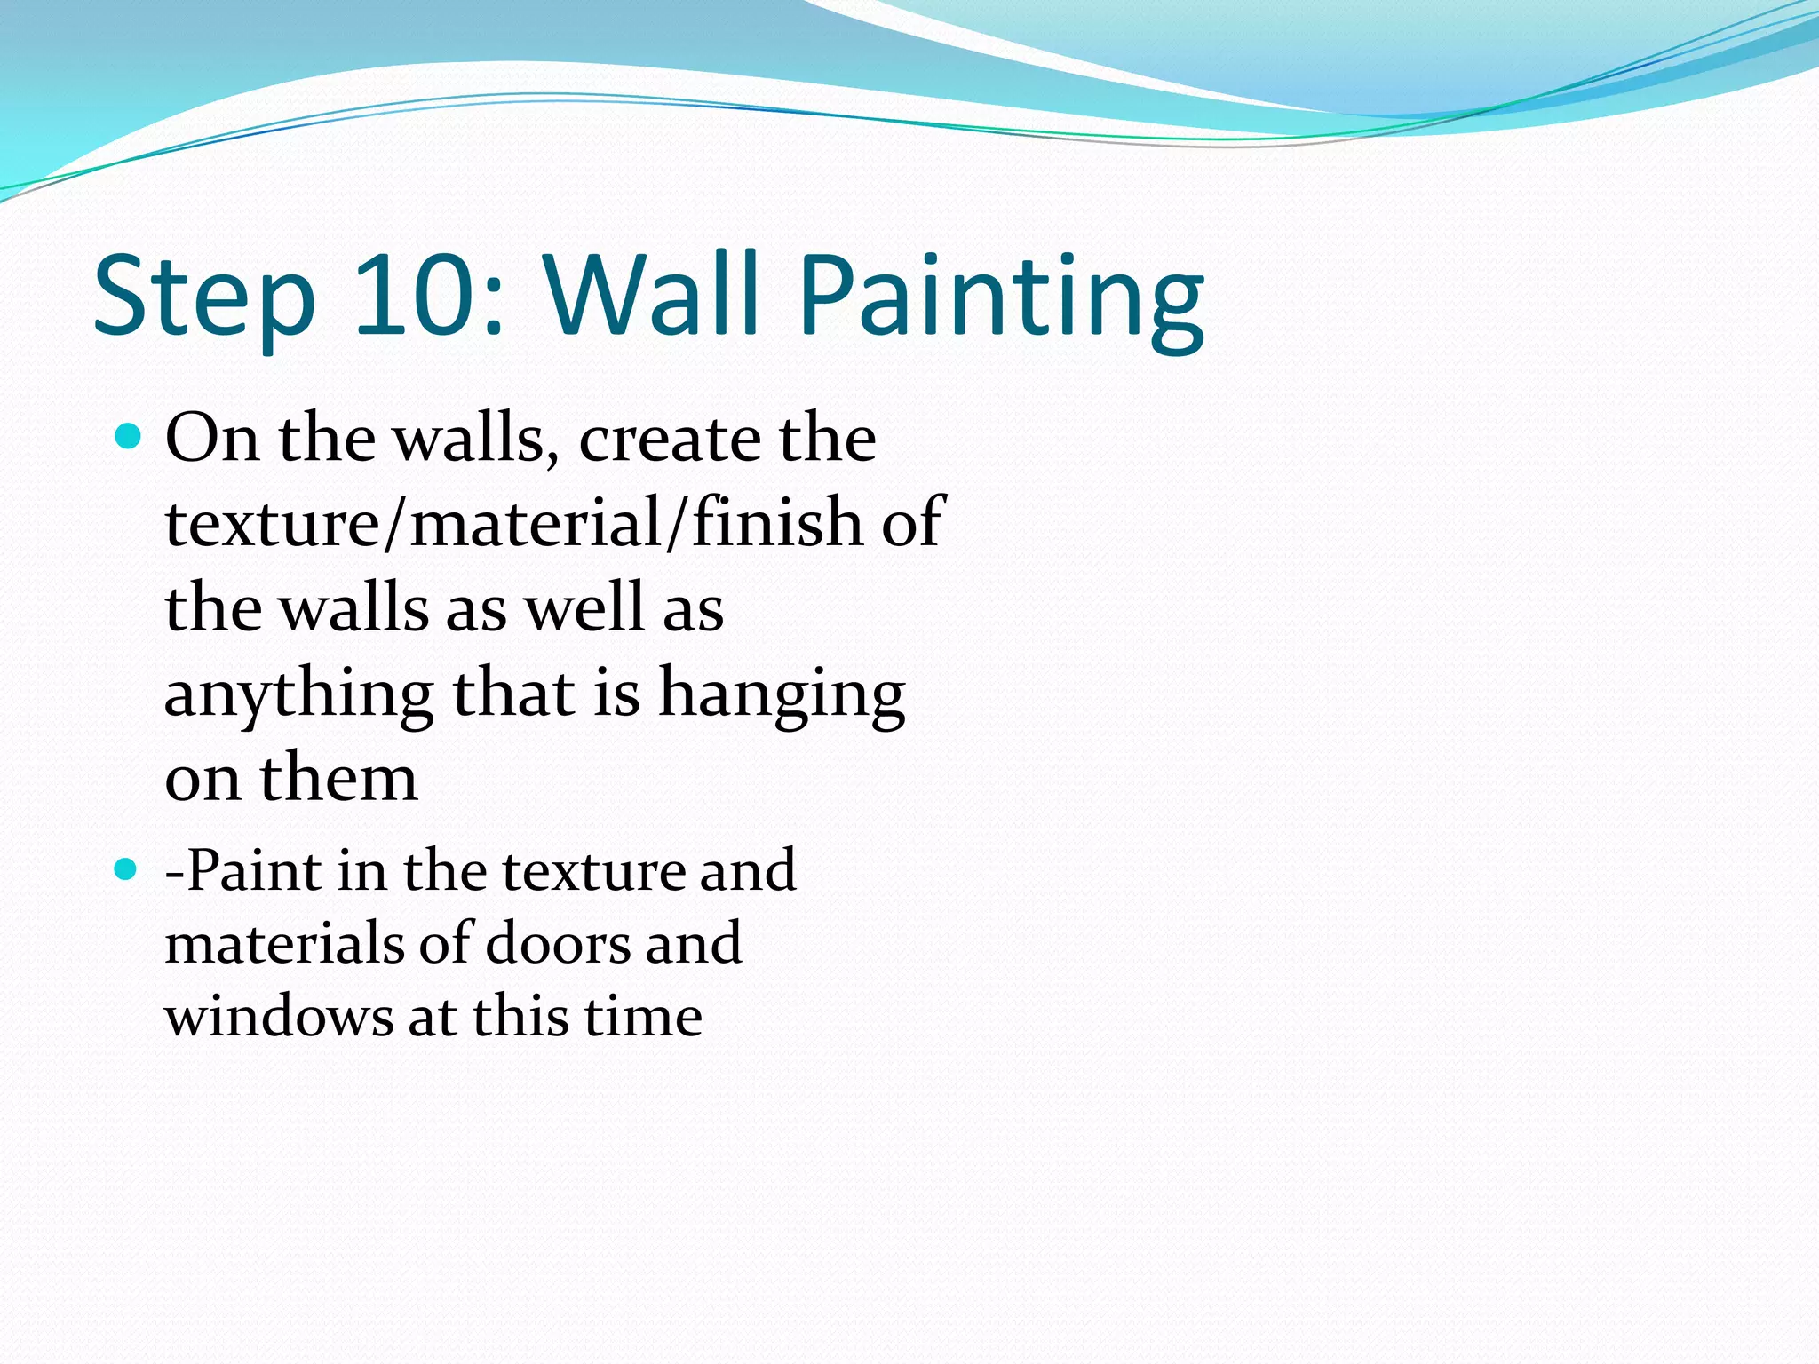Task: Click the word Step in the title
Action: point(204,297)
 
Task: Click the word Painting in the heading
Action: point(1001,297)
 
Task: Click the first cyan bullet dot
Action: point(129,436)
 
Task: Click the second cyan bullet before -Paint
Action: point(126,868)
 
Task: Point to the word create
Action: point(671,440)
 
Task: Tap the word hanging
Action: point(782,695)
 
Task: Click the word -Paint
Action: point(242,870)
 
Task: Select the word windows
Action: point(278,1017)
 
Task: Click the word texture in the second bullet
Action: point(594,870)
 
